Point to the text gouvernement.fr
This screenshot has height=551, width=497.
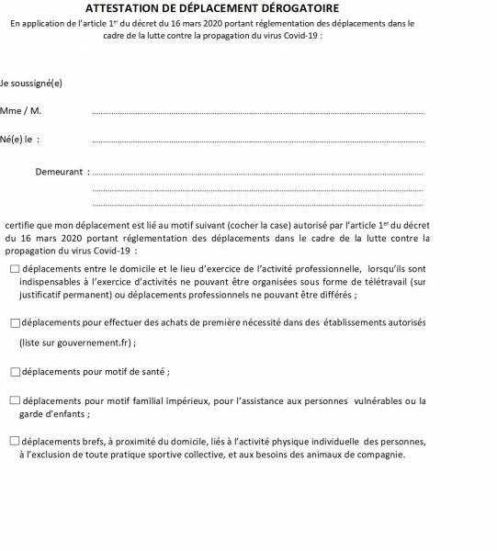pos(95,343)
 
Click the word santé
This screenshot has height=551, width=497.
pos(153,372)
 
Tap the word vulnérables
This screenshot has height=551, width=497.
pos(383,401)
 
